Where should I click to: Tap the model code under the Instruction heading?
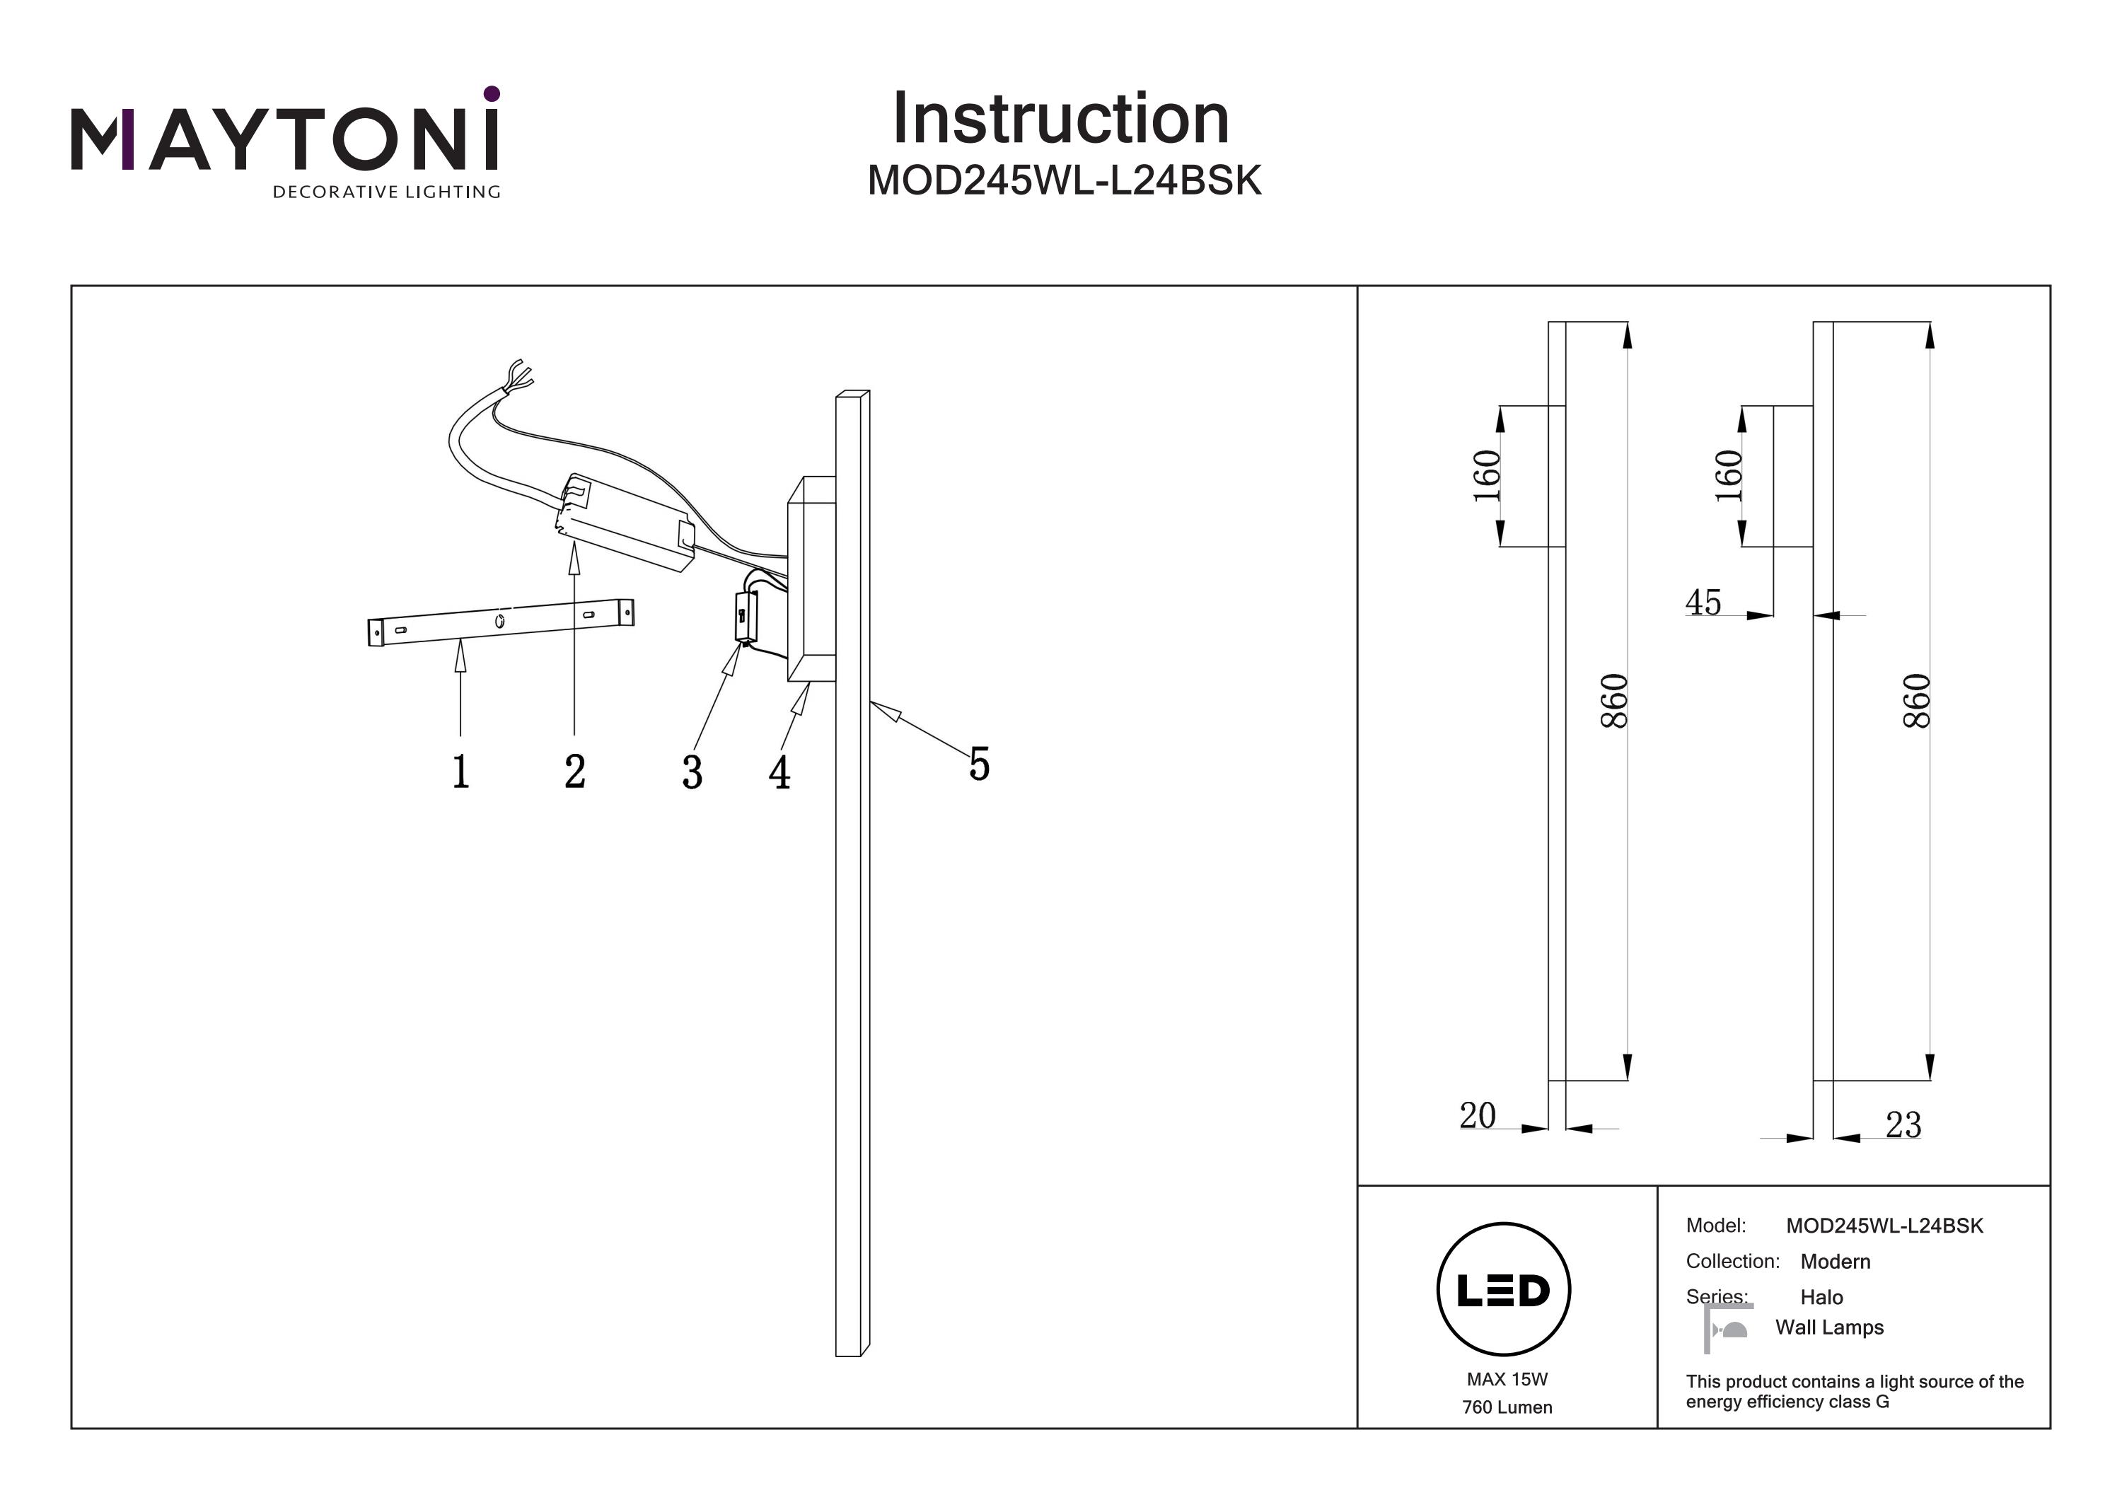(x=1064, y=181)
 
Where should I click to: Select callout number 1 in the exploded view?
(x=460, y=771)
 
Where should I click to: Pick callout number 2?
(x=575, y=771)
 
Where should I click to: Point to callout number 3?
(x=692, y=772)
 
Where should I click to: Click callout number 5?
(x=979, y=764)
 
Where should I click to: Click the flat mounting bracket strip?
(x=501, y=621)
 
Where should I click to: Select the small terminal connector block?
(x=745, y=617)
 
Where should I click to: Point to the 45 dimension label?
(x=1703, y=602)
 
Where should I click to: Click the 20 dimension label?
(x=1477, y=1115)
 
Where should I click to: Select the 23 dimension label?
(x=1903, y=1124)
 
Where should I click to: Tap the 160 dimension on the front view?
(x=1486, y=475)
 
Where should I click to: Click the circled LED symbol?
(x=1503, y=1290)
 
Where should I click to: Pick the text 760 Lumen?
(x=1507, y=1407)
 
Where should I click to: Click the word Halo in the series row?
(x=1821, y=1296)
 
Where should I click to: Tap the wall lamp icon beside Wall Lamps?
(x=1727, y=1328)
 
